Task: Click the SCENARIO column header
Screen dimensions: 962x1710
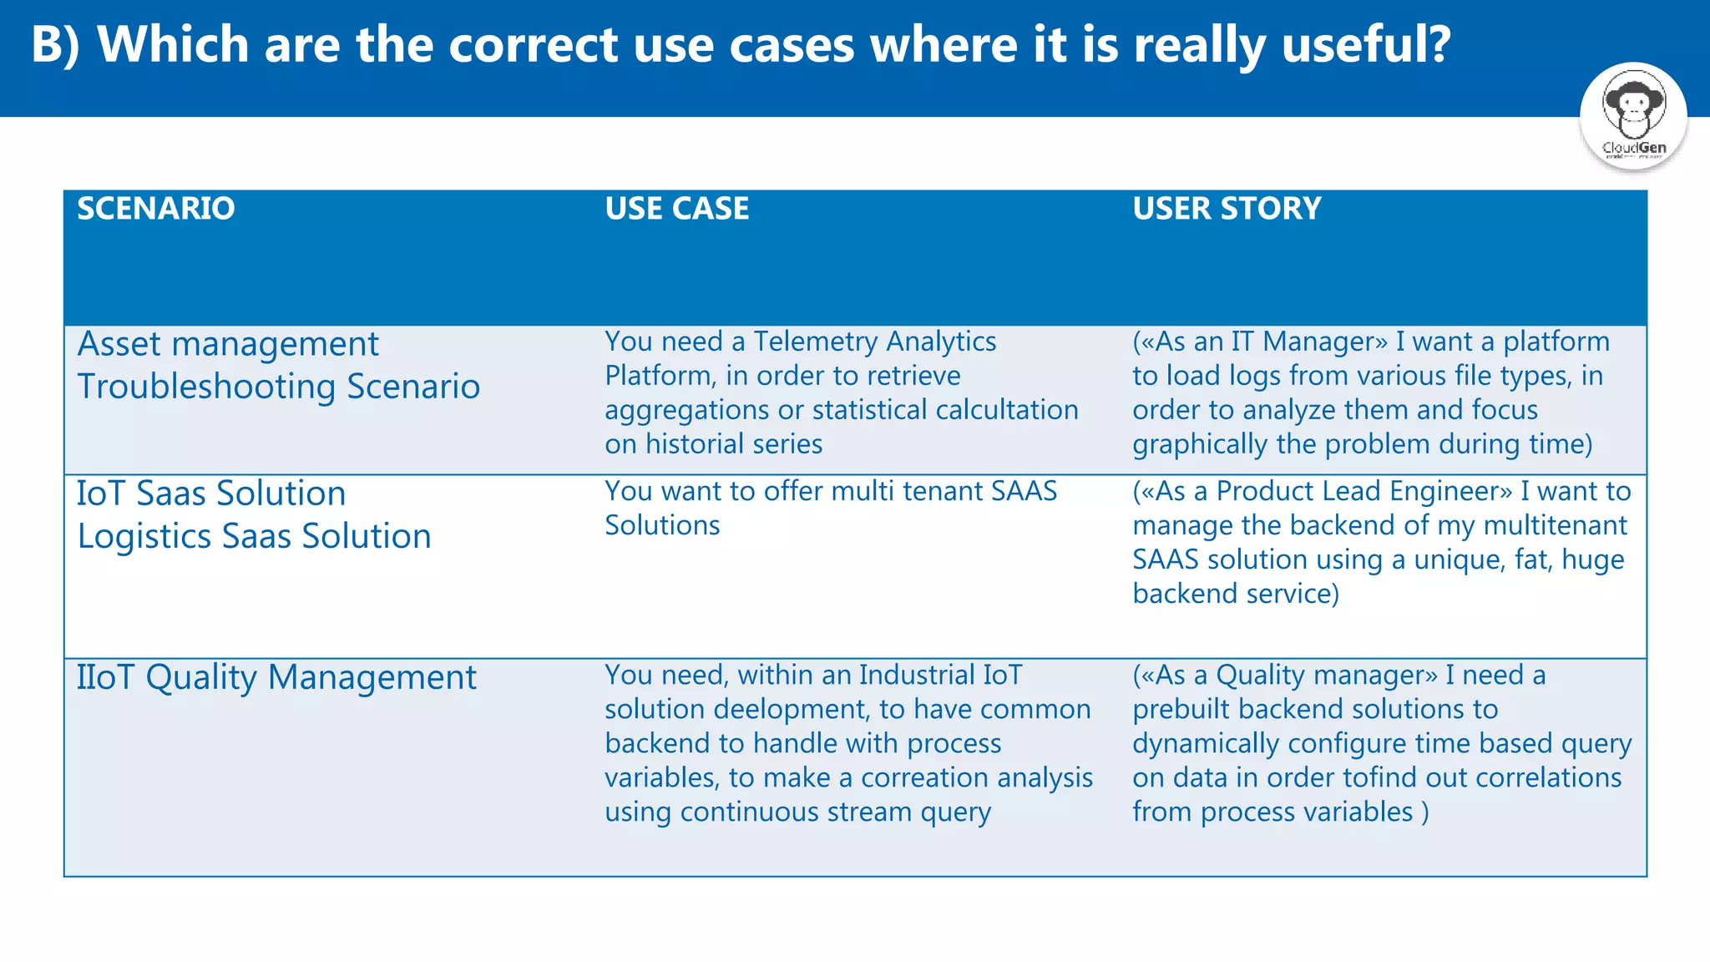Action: pos(156,208)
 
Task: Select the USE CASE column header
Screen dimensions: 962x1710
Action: pos(676,208)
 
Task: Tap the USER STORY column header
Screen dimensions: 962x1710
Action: pos(1227,208)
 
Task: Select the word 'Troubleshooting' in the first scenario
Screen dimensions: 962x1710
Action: pos(206,387)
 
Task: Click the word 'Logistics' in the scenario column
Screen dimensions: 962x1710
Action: pos(144,536)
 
